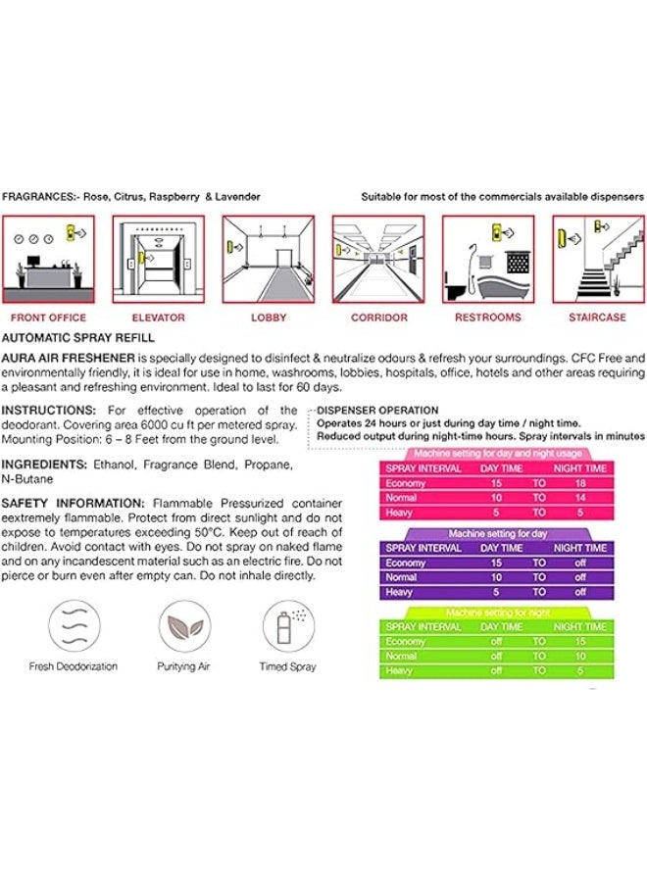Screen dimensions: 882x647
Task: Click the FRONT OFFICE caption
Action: [x=48, y=318]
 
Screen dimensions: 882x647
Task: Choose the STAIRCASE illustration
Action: [x=597, y=260]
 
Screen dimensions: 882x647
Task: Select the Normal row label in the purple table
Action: [x=401, y=577]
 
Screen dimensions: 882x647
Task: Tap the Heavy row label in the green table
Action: [x=399, y=671]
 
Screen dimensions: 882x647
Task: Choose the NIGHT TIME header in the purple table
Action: [x=580, y=548]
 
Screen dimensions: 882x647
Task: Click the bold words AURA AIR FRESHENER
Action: [x=68, y=357]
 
